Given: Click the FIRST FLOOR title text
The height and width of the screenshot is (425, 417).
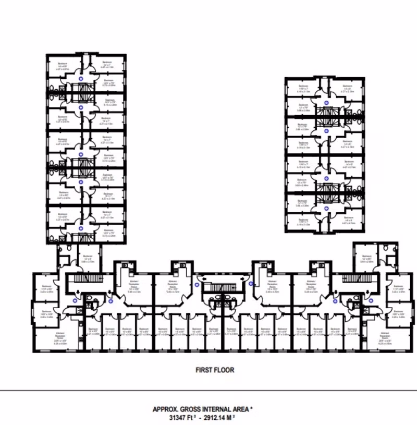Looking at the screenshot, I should [x=215, y=370].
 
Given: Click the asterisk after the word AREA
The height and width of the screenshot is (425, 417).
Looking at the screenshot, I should [x=252, y=409].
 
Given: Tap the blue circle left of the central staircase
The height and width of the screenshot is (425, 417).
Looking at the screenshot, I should [x=197, y=285].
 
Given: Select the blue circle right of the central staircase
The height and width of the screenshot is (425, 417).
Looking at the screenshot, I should [x=251, y=284].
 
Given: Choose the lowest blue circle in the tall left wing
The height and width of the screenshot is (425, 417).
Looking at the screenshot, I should [x=80, y=228].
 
